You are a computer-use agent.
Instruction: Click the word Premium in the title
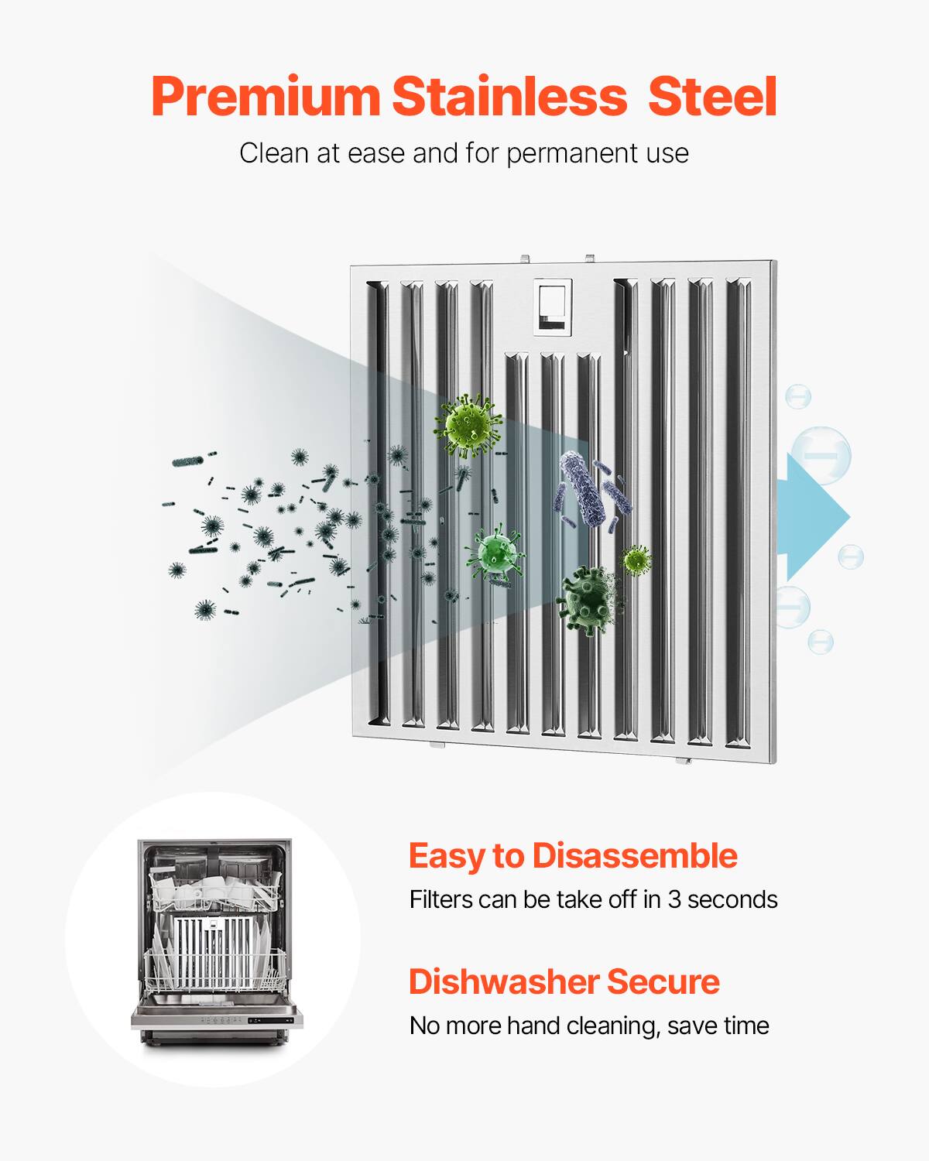point(265,98)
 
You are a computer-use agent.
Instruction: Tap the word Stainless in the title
point(509,98)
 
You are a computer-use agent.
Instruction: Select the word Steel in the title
point(711,98)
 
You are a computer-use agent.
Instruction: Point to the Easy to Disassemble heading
point(572,856)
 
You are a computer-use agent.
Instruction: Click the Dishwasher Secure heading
point(564,981)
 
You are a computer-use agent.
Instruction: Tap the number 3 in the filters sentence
point(674,899)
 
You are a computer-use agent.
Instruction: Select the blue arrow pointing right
point(817,517)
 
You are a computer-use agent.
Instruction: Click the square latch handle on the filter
point(554,308)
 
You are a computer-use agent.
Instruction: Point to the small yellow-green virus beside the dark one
point(636,559)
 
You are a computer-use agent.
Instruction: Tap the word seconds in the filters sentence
point(732,899)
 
